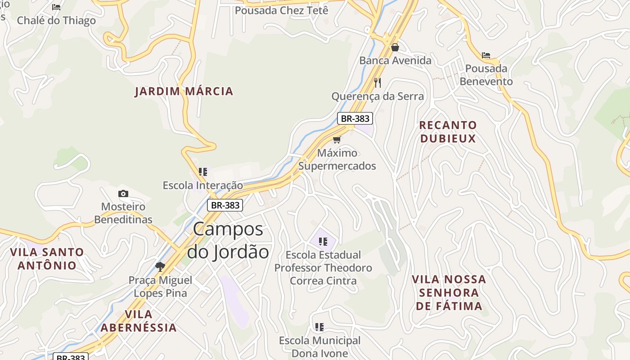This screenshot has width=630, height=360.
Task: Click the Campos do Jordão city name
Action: [x=228, y=240]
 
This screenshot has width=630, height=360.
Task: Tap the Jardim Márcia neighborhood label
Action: [x=184, y=91]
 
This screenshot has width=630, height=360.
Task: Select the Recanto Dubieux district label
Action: [x=448, y=131]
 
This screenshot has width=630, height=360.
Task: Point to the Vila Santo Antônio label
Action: [x=47, y=258]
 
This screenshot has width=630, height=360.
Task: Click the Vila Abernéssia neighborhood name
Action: [x=139, y=320]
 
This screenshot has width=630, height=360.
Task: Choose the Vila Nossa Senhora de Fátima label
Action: [x=449, y=292]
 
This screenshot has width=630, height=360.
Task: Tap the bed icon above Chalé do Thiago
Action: [x=56, y=7]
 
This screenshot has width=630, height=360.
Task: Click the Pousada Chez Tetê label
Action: [x=282, y=10]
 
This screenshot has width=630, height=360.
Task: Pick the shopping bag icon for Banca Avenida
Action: [x=395, y=47]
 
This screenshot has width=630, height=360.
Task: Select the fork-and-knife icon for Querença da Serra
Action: [x=378, y=82]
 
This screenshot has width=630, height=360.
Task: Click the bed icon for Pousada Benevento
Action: [x=486, y=55]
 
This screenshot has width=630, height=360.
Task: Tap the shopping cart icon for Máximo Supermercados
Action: [x=337, y=139]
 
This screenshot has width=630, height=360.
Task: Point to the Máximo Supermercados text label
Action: [x=337, y=159]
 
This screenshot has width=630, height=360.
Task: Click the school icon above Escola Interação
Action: [x=203, y=171]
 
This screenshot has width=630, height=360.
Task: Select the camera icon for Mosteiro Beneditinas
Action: [x=123, y=193]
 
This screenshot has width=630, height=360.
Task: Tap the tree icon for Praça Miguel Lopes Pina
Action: [x=160, y=266]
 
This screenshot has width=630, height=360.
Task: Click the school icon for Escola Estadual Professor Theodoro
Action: [x=323, y=242]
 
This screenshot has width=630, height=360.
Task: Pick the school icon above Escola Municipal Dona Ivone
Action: [x=319, y=327]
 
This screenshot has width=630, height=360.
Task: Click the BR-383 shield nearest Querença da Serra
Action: [x=355, y=118]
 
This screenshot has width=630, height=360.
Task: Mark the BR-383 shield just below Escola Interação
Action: [x=225, y=205]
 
